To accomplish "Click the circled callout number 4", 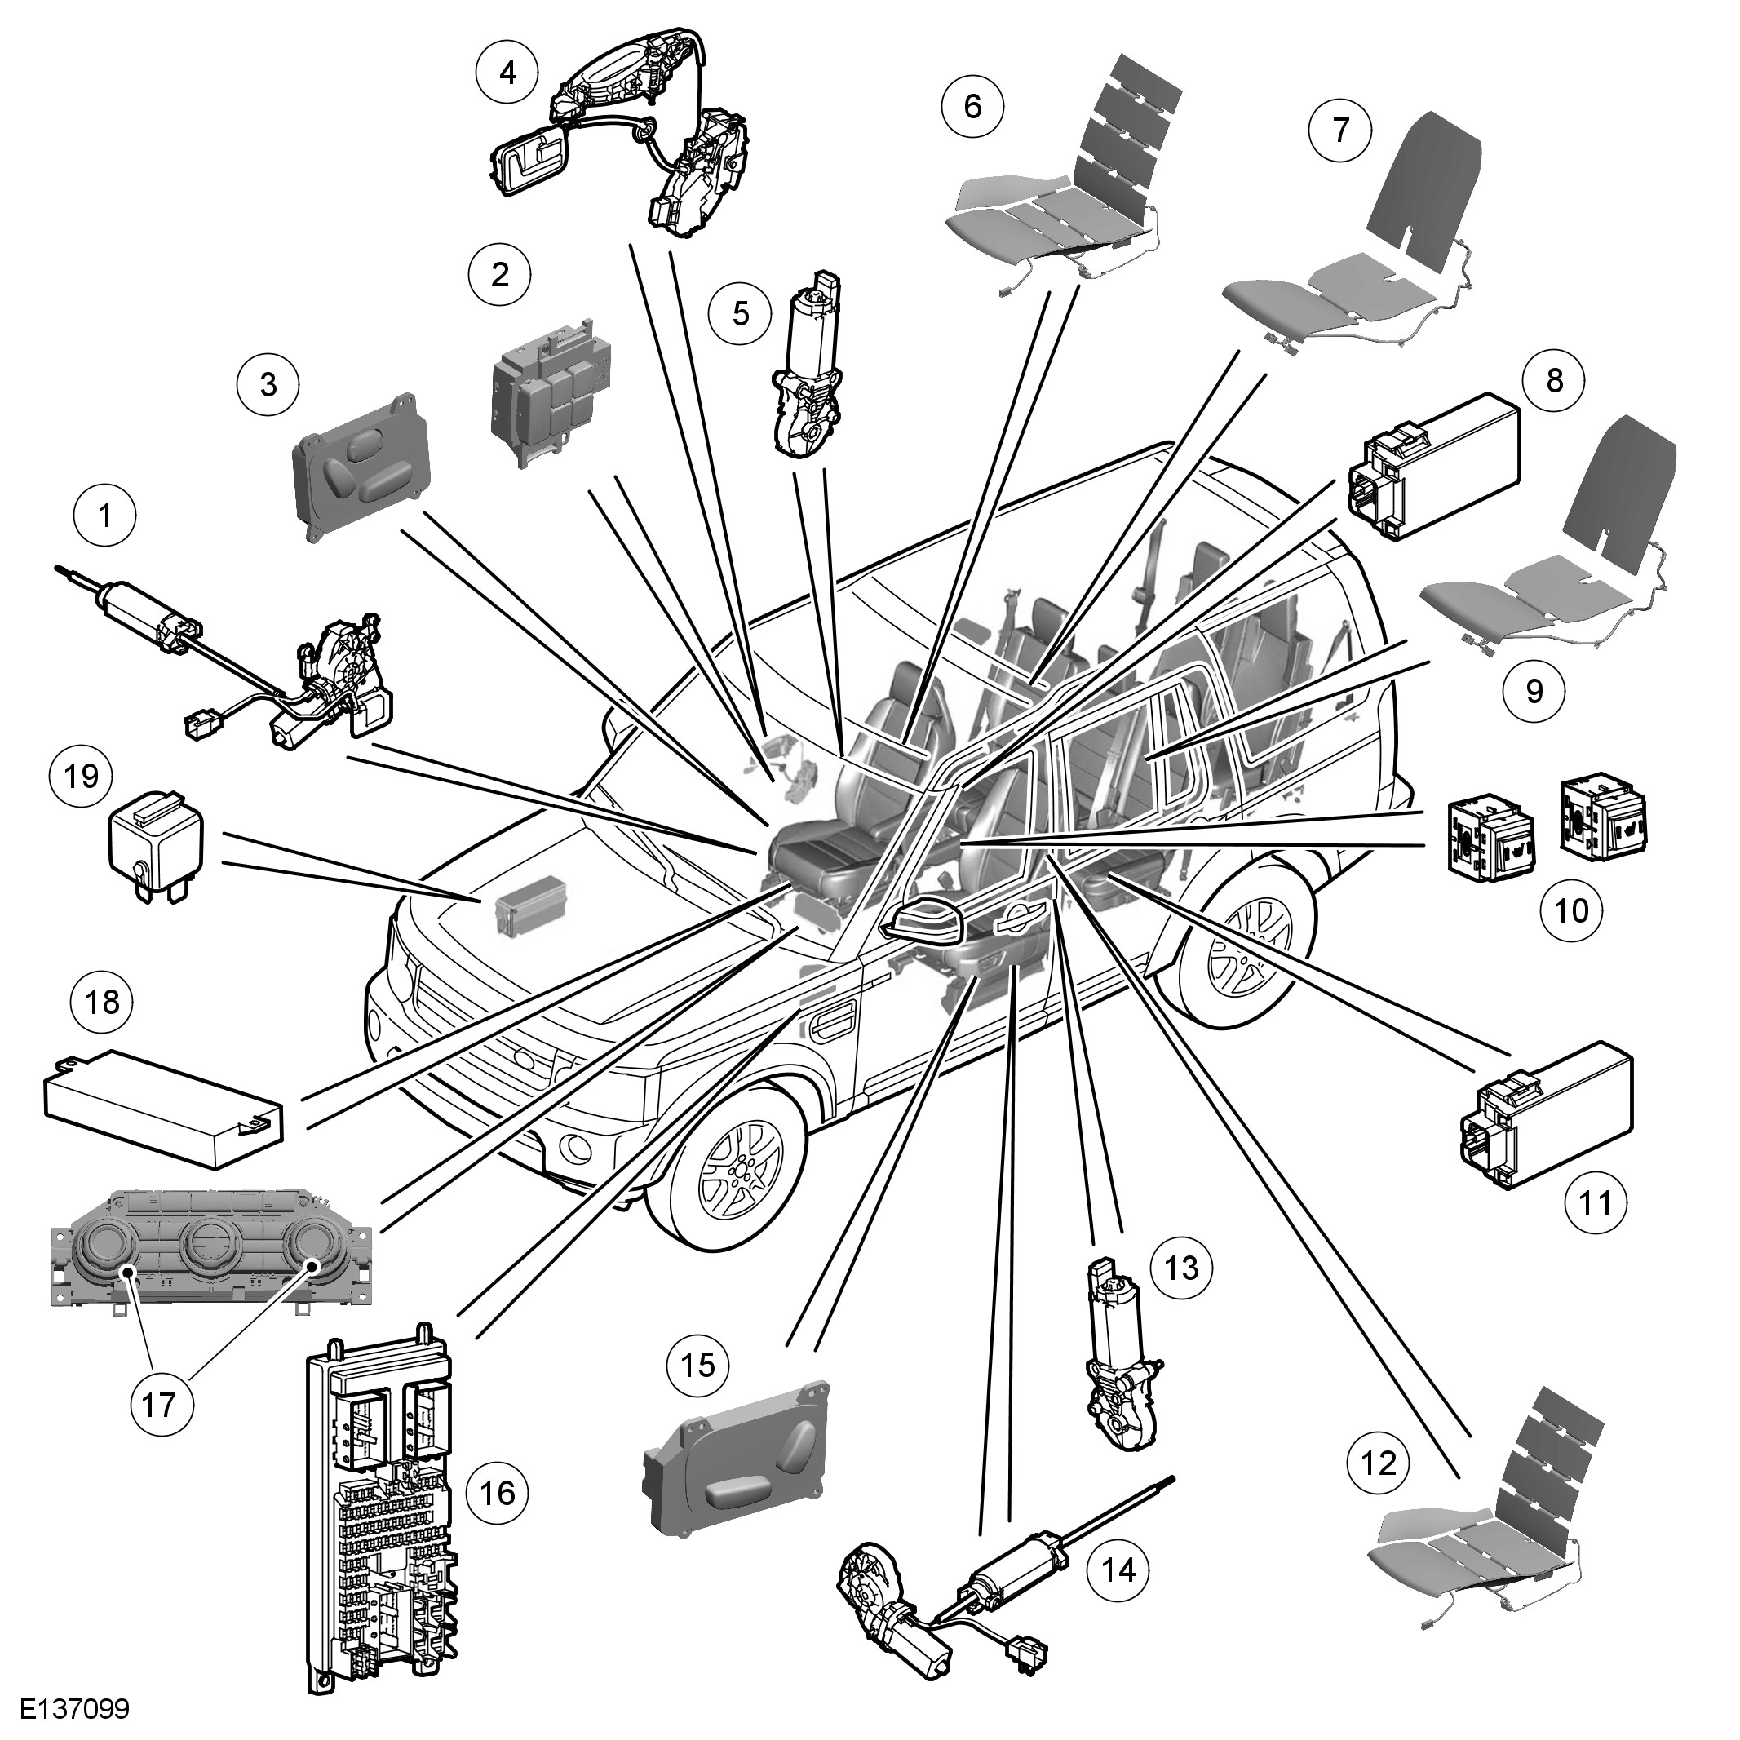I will (x=508, y=71).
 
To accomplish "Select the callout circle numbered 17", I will (x=159, y=1404).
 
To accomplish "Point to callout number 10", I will (x=1572, y=910).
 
